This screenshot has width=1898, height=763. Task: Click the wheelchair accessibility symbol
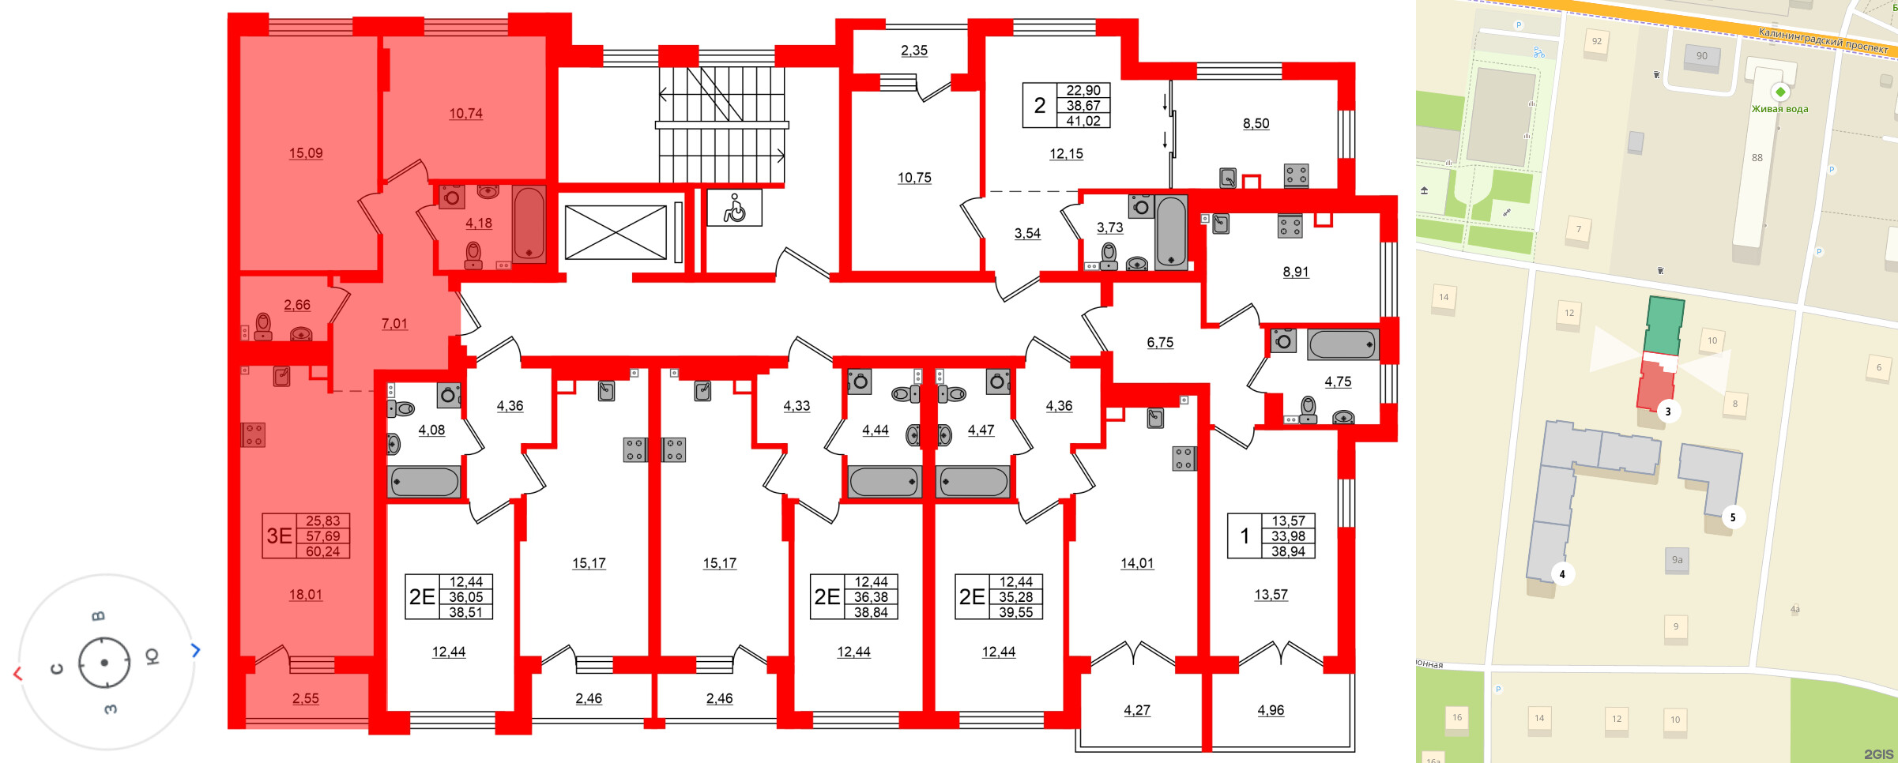734,209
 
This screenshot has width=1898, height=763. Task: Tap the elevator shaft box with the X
616,232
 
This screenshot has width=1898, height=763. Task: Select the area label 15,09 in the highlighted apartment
306,153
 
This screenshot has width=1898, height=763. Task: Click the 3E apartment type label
279,536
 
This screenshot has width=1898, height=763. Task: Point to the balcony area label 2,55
306,698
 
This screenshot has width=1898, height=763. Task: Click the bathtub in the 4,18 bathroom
529,224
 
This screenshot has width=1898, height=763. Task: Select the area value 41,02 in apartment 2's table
1083,121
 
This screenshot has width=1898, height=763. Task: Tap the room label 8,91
1295,272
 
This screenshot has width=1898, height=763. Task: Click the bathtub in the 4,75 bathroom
1342,345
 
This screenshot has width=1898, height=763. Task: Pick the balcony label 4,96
1271,710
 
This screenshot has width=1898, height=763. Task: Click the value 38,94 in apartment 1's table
1288,551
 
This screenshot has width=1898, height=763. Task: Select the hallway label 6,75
1160,342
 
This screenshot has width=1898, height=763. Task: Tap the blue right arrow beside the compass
196,650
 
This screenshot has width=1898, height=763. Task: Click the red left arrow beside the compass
17,674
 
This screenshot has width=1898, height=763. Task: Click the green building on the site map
1664,326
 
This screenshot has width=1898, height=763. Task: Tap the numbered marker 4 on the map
1561,574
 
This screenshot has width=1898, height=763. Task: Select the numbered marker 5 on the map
1733,517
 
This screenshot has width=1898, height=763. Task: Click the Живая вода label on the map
1779,109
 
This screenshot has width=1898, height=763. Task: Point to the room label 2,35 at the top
914,51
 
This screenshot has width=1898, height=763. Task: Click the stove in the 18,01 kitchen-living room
254,435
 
